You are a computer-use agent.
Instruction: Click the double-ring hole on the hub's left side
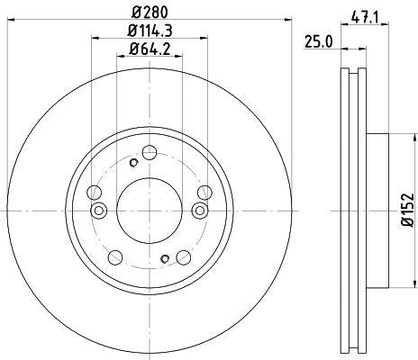click(x=99, y=211)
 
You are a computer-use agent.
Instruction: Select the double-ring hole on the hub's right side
click(x=199, y=211)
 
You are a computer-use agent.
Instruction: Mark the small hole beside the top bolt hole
click(x=132, y=163)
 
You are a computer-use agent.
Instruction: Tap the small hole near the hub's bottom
click(x=164, y=259)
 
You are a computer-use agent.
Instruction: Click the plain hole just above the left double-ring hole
click(x=94, y=191)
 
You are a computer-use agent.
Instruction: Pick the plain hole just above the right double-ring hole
click(x=204, y=191)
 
